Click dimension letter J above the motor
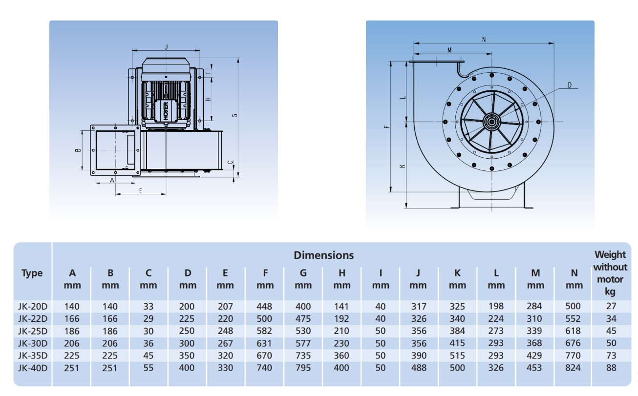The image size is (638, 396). pos(167,47)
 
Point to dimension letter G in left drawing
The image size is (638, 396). pos(234,116)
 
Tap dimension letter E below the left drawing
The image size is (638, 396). pos(140,191)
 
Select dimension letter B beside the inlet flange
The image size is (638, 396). pos(78,150)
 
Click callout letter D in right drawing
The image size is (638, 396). pos(569,85)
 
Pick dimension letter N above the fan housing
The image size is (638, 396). pos(484,40)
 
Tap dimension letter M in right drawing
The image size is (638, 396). pos(449,50)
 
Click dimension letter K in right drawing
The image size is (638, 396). pos(402,166)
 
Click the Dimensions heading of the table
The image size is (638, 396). pos(323,255)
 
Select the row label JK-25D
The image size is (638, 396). pos(32,331)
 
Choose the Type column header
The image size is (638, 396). pos(32,273)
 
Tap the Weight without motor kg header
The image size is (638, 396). pos(610,273)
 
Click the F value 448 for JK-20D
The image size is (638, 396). pos(265,307)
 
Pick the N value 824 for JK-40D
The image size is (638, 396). pos(572,368)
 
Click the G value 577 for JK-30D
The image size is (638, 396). pos(303,343)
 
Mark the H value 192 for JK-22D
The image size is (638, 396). pos(341,319)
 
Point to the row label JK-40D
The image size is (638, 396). pos(32,368)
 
